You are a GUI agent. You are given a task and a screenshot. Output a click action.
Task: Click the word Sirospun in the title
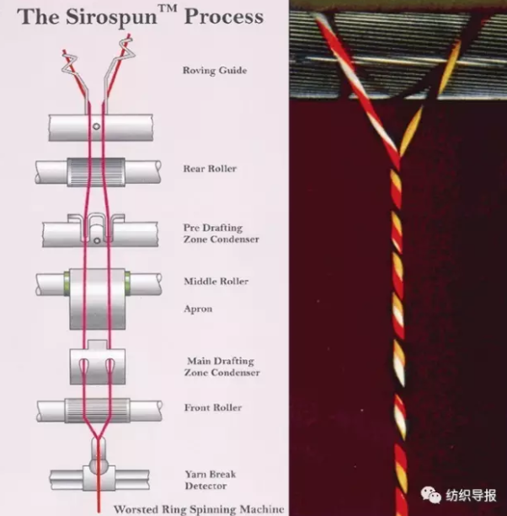(x=111, y=17)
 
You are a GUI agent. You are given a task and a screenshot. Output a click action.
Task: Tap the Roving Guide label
(x=215, y=70)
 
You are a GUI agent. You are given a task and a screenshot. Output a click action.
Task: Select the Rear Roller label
(x=210, y=169)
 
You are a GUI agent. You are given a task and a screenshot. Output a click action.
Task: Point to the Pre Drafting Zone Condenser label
(x=221, y=234)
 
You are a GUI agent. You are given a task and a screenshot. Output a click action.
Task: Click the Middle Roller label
(x=216, y=282)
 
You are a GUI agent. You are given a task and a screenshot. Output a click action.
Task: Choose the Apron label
(x=198, y=309)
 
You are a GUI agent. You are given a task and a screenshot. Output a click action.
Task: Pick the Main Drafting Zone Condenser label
(x=222, y=367)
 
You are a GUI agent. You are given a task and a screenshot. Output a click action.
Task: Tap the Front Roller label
(x=213, y=407)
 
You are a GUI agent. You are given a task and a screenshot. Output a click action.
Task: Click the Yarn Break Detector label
(x=211, y=480)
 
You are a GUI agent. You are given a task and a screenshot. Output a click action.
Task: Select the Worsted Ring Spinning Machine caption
(x=199, y=509)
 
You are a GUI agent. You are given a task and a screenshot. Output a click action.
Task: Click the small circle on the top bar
(x=96, y=126)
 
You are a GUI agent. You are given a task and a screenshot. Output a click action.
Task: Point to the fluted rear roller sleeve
(x=96, y=172)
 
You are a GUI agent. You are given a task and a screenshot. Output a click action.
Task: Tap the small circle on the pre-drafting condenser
(x=97, y=240)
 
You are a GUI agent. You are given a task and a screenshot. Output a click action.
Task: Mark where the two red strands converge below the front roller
(x=98, y=438)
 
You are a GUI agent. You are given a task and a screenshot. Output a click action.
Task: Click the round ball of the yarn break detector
(x=99, y=465)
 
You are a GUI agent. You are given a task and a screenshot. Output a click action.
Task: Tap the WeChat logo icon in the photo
(x=430, y=495)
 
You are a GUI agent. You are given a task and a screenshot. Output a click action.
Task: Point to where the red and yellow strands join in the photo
(x=399, y=158)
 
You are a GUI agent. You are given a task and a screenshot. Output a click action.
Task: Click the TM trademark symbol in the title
(x=168, y=8)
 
